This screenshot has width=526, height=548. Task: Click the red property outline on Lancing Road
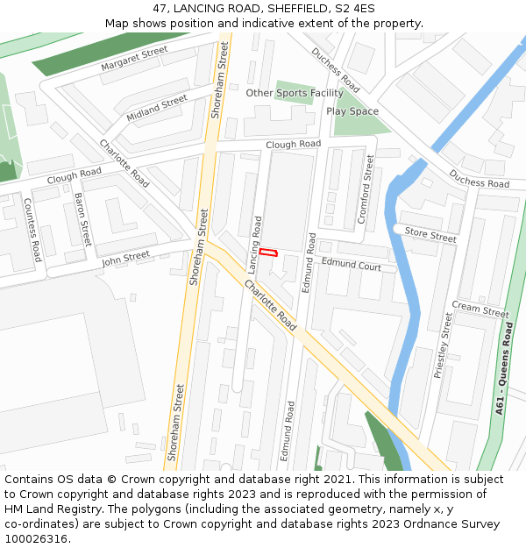pyautogui.click(x=268, y=253)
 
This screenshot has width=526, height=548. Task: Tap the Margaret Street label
pyautogui.click(x=134, y=59)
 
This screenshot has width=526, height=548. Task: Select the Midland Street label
pyautogui.click(x=157, y=108)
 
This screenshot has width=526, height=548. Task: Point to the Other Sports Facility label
pyautogui.click(x=295, y=93)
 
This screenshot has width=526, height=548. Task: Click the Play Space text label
pyautogui.click(x=352, y=111)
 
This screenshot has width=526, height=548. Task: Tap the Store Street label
pyautogui.click(x=430, y=236)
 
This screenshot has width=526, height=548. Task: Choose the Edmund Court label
pyautogui.click(x=351, y=264)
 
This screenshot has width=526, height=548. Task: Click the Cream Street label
pyautogui.click(x=480, y=309)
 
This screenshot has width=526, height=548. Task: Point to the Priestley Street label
pyautogui.click(x=444, y=345)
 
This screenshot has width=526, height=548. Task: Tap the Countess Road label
pyautogui.click(x=32, y=230)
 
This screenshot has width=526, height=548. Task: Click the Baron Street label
pyautogui.click(x=82, y=219)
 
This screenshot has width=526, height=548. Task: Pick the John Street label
pyautogui.click(x=125, y=258)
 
